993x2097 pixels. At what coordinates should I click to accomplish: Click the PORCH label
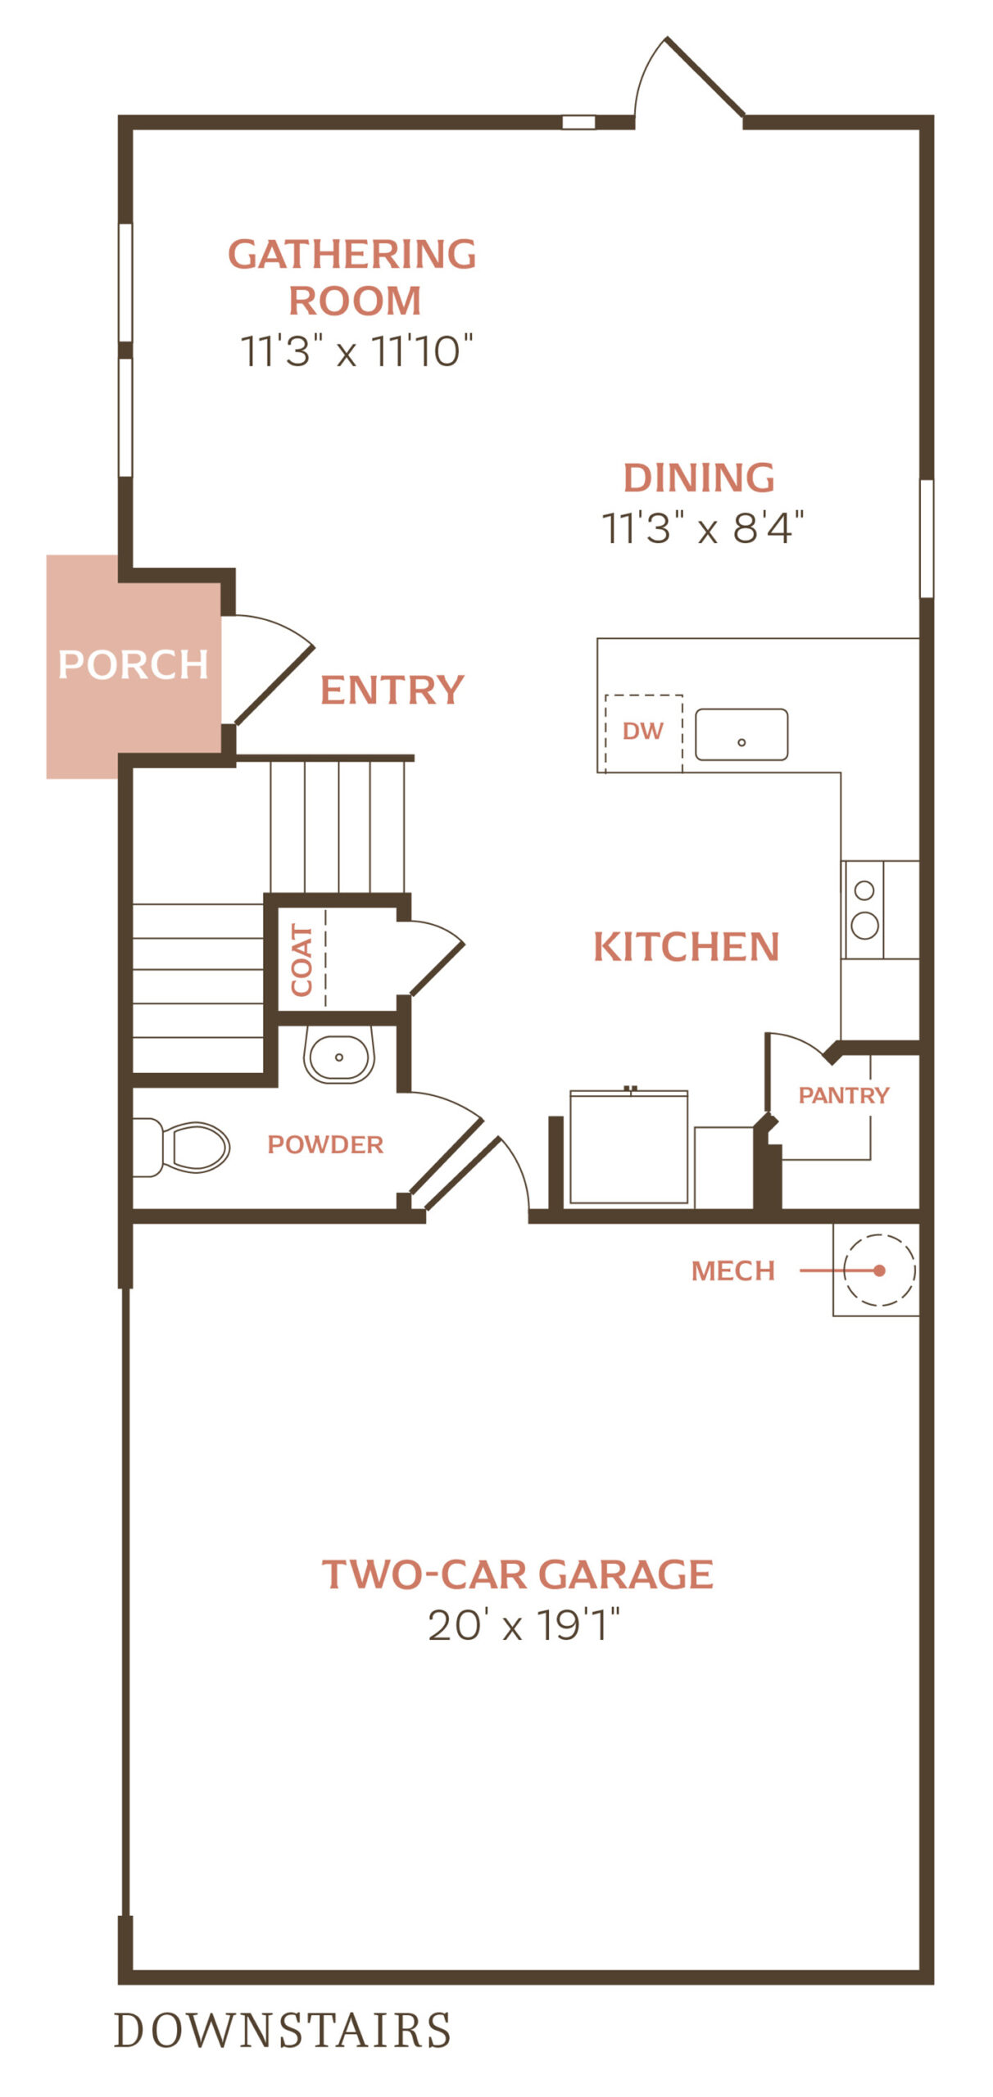133,664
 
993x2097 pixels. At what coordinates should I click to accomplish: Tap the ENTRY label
392,690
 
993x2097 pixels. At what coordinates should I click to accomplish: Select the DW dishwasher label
643,731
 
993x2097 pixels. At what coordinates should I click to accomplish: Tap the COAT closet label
302,960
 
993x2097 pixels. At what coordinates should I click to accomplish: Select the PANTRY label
844,1095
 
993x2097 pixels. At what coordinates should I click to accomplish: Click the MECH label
733,1270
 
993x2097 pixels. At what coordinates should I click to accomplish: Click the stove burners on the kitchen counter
865,909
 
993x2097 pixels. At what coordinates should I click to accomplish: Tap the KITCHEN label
687,947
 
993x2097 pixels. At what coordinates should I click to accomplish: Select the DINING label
699,478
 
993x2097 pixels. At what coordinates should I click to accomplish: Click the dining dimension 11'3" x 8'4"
703,528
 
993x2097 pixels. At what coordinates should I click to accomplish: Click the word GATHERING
352,254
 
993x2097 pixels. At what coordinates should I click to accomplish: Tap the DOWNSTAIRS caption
283,2030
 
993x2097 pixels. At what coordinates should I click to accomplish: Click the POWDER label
325,1144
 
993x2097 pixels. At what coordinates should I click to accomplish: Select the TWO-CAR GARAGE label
518,1574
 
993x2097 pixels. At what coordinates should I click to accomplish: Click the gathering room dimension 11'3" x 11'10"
356,351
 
